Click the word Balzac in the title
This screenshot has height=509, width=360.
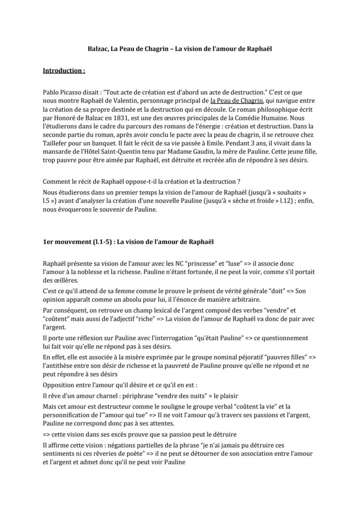point(97,49)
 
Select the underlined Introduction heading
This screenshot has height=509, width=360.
point(63,70)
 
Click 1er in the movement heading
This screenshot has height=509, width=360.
point(48,242)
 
